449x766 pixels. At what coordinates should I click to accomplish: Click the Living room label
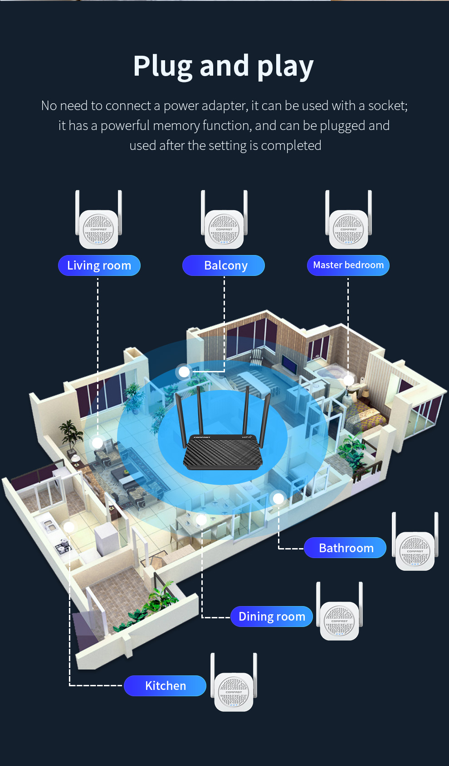pos(99,265)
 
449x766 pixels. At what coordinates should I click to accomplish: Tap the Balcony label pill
pos(224,265)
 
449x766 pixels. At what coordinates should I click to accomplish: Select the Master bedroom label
pos(348,265)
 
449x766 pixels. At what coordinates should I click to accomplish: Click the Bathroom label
pos(345,548)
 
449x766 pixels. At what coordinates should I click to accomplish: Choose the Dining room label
pos(272,617)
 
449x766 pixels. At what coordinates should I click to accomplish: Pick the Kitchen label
pos(165,686)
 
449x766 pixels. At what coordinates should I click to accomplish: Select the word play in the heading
pos(285,67)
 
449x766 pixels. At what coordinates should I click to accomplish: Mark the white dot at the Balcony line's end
pos(184,372)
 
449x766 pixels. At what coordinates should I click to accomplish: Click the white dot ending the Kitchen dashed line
pos(69,527)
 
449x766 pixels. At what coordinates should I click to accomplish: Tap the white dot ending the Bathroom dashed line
pos(278,498)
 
